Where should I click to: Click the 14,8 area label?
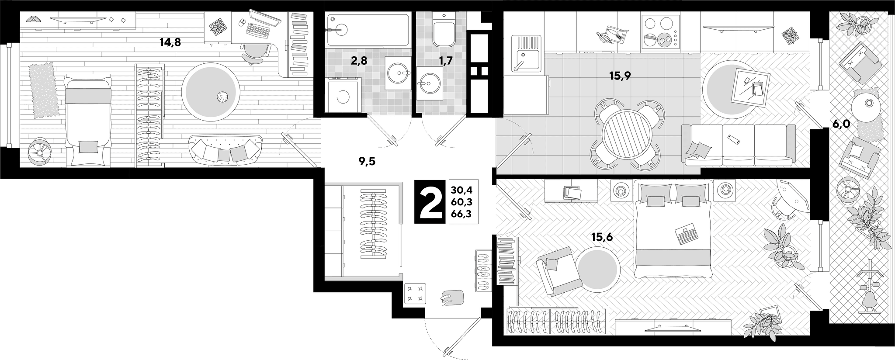point(170,42)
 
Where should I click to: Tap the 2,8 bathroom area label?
point(360,61)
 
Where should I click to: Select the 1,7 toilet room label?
point(445,61)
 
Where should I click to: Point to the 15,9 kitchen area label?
point(620,76)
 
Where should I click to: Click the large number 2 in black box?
point(430,201)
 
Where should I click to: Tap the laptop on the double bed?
point(687,234)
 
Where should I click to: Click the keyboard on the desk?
point(258,29)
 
